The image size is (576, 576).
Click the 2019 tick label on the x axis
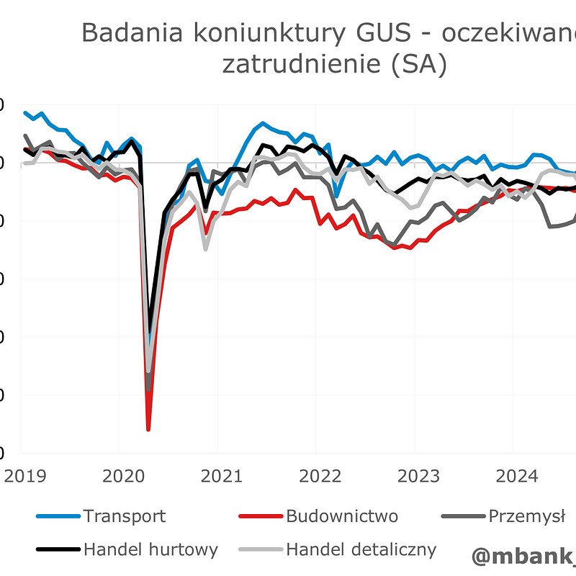(x=26, y=476)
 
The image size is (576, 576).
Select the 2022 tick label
(x=320, y=476)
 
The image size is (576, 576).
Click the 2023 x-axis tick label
(x=418, y=476)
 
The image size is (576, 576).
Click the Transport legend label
(x=124, y=516)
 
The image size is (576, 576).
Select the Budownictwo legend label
(x=342, y=516)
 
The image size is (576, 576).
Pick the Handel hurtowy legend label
(x=150, y=550)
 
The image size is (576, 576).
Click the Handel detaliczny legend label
(x=361, y=550)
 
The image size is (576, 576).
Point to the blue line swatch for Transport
(x=57, y=516)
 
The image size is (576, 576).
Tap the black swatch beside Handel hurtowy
(x=57, y=550)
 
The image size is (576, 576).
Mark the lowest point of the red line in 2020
(x=148, y=429)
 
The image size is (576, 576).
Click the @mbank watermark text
(x=524, y=556)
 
